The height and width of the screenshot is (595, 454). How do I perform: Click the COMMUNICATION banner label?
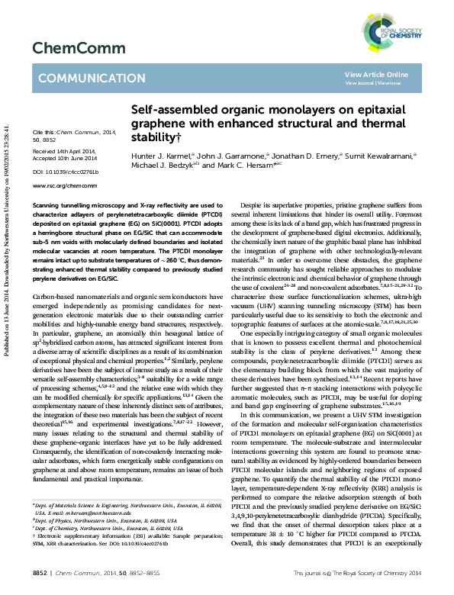[83, 79]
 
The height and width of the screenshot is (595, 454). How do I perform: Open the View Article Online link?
[376, 74]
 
